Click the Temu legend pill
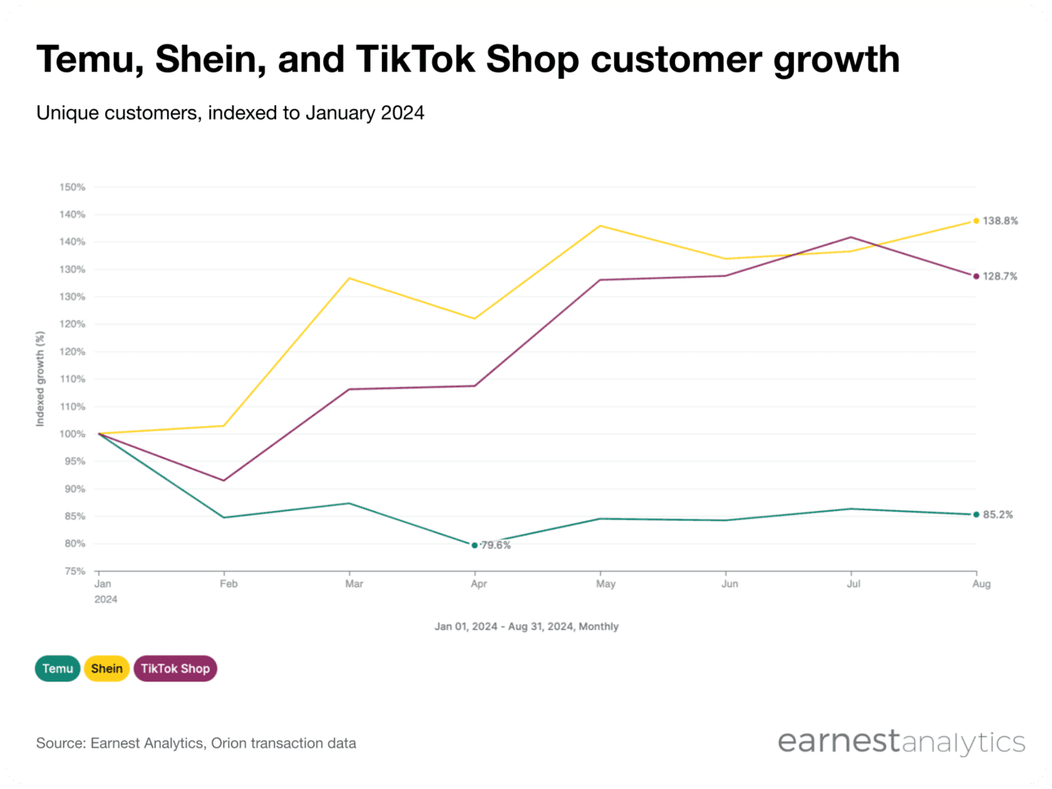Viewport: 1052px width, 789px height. click(57, 668)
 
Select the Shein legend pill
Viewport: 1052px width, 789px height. click(107, 668)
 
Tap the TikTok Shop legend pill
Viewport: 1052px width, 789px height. click(175, 668)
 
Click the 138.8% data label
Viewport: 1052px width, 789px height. click(1000, 221)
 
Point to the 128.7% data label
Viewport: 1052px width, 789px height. click(1000, 276)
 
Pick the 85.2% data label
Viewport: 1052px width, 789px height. click(997, 515)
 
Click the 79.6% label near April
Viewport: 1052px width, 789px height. click(496, 546)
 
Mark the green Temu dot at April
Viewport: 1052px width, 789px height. click(475, 546)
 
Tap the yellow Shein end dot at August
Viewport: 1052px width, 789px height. click(976, 221)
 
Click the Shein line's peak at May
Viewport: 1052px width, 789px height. click(600, 226)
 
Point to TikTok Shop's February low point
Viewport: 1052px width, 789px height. click(224, 480)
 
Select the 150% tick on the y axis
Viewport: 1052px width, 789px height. click(72, 187)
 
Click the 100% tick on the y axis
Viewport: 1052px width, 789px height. click(72, 434)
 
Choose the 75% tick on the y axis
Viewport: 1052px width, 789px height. click(74, 572)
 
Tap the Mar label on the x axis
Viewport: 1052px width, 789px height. click(354, 584)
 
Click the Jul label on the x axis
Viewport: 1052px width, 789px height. click(853, 584)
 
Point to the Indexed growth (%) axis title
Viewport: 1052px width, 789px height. click(40, 379)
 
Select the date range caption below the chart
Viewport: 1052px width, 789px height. click(526, 626)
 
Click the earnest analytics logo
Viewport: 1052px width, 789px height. click(901, 742)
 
